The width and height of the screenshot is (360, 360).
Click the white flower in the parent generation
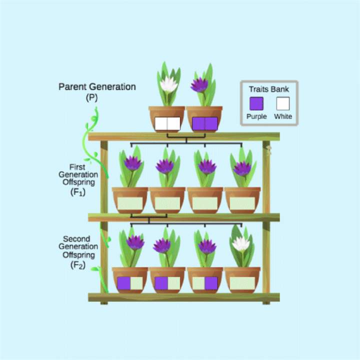(x=168, y=85)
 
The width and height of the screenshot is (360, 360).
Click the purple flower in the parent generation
(x=200, y=85)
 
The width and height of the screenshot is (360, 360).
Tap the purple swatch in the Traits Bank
(x=256, y=103)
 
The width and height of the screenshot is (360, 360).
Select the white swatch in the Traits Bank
(x=283, y=103)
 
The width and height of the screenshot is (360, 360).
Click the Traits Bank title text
(x=269, y=89)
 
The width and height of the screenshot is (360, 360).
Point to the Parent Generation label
(x=97, y=86)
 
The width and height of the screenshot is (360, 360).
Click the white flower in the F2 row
(x=241, y=243)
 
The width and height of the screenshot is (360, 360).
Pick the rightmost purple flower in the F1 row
(x=242, y=168)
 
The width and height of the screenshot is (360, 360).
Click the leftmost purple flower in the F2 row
(x=135, y=242)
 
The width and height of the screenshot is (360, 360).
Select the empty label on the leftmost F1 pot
(x=130, y=203)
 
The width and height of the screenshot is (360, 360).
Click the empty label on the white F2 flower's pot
(x=242, y=283)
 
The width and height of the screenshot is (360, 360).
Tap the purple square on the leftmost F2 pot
(x=123, y=283)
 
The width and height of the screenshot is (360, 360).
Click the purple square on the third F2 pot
(x=211, y=283)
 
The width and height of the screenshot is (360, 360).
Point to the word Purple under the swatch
(x=256, y=116)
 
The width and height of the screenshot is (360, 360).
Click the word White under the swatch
(x=283, y=116)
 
